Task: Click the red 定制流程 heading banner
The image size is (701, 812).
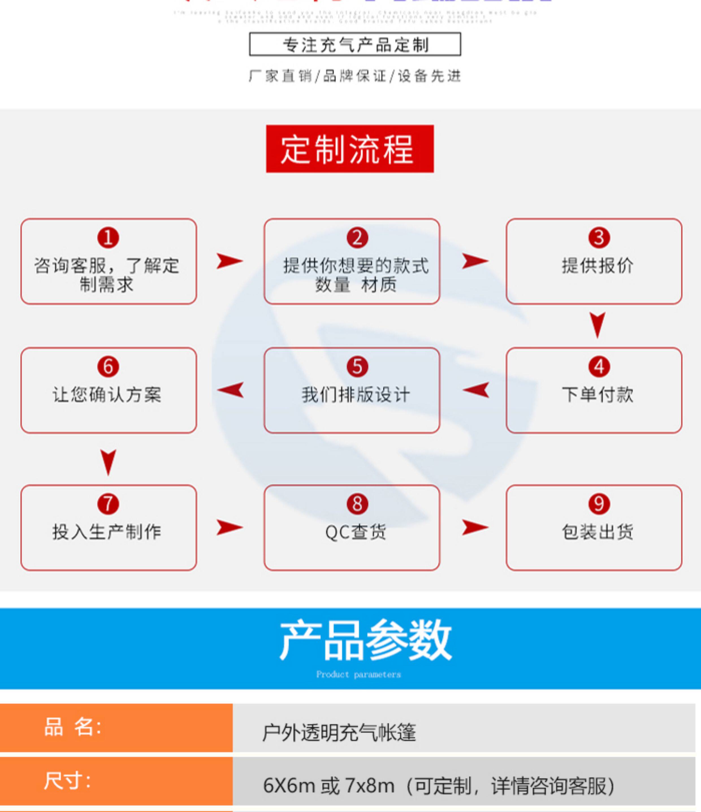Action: click(350, 149)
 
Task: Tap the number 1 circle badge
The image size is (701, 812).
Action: click(108, 237)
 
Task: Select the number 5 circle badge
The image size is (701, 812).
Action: click(357, 366)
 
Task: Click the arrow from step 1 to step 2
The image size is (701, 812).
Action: click(230, 261)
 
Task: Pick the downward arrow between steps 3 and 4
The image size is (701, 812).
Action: click(598, 325)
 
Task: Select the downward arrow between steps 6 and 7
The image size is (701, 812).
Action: click(108, 462)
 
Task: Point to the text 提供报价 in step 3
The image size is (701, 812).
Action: click(598, 266)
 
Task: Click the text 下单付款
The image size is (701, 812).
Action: click(598, 394)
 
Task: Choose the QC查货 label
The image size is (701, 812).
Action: click(356, 532)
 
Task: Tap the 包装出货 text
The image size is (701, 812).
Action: click(598, 532)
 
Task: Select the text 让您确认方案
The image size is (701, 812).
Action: click(107, 394)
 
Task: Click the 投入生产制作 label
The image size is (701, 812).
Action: click(107, 532)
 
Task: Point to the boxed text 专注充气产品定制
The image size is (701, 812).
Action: click(355, 44)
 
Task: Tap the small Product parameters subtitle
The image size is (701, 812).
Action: click(358, 674)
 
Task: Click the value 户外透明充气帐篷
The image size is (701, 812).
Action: click(339, 732)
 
